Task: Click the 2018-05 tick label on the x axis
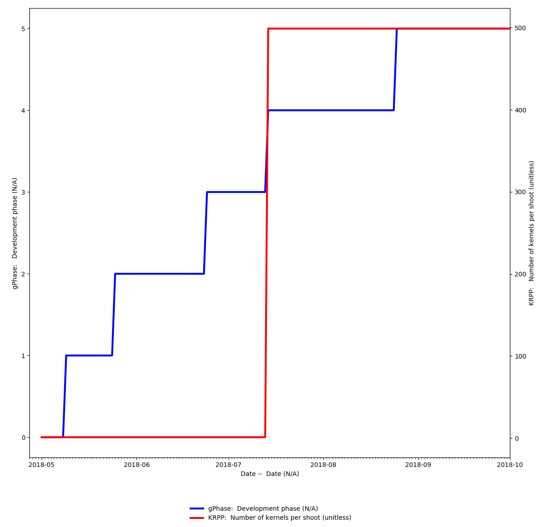pyautogui.click(x=42, y=465)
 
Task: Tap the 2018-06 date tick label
pyautogui.click(x=136, y=465)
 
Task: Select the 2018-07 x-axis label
pyautogui.click(x=228, y=465)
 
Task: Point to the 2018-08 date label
pyautogui.click(x=323, y=465)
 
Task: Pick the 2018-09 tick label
pyautogui.click(x=418, y=465)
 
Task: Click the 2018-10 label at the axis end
pyautogui.click(x=510, y=465)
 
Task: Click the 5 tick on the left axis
pyautogui.click(x=23, y=28)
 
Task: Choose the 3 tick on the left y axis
pyautogui.click(x=23, y=192)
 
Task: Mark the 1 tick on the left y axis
pyautogui.click(x=23, y=355)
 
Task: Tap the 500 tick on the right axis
pyautogui.click(x=520, y=28)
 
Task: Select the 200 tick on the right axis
pyautogui.click(x=520, y=274)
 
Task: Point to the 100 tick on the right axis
pyautogui.click(x=520, y=356)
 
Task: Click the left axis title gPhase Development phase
pyautogui.click(x=15, y=233)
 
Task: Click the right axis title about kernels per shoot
pyautogui.click(x=532, y=233)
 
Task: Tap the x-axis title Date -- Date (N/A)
pyautogui.click(x=270, y=474)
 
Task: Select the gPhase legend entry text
pyautogui.click(x=266, y=508)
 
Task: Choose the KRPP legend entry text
pyautogui.click(x=279, y=518)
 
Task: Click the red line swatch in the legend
pyautogui.click(x=197, y=518)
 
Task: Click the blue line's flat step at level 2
pyautogui.click(x=159, y=274)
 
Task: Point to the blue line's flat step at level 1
pyautogui.click(x=89, y=355)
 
